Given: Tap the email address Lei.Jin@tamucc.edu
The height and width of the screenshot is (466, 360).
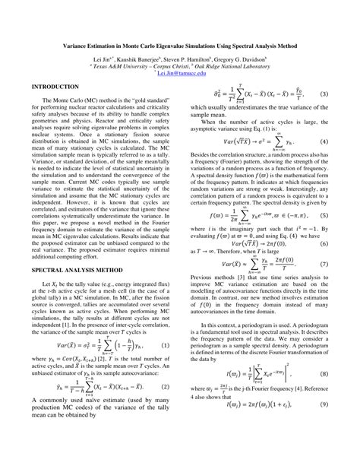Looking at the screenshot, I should coord(180,73).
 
